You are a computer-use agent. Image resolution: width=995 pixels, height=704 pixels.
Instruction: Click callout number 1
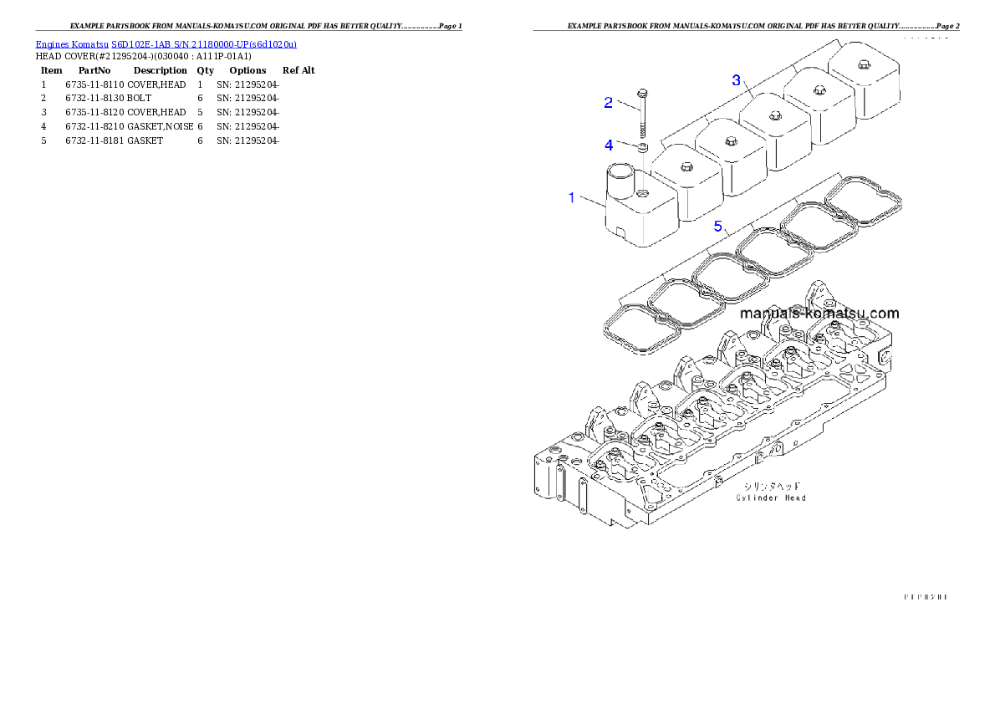tap(572, 198)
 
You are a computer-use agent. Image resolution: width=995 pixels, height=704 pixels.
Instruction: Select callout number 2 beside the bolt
tap(609, 103)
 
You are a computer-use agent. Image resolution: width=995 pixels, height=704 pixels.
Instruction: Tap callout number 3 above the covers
tap(736, 80)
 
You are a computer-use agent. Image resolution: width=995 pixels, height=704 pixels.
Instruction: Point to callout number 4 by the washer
tap(609, 145)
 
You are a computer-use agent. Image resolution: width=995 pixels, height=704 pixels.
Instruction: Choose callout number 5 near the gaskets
tap(717, 226)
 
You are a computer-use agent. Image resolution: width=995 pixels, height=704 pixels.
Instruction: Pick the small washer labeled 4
tap(643, 148)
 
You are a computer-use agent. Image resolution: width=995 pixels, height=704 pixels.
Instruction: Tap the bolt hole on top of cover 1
tap(641, 195)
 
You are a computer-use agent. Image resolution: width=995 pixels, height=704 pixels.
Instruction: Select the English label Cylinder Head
tap(770, 498)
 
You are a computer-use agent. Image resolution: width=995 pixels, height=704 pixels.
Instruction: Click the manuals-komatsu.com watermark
tap(819, 314)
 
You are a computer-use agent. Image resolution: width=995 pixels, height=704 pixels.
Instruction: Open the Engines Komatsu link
tap(72, 44)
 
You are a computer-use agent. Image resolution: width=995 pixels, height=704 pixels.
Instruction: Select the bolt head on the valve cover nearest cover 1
tap(685, 166)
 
